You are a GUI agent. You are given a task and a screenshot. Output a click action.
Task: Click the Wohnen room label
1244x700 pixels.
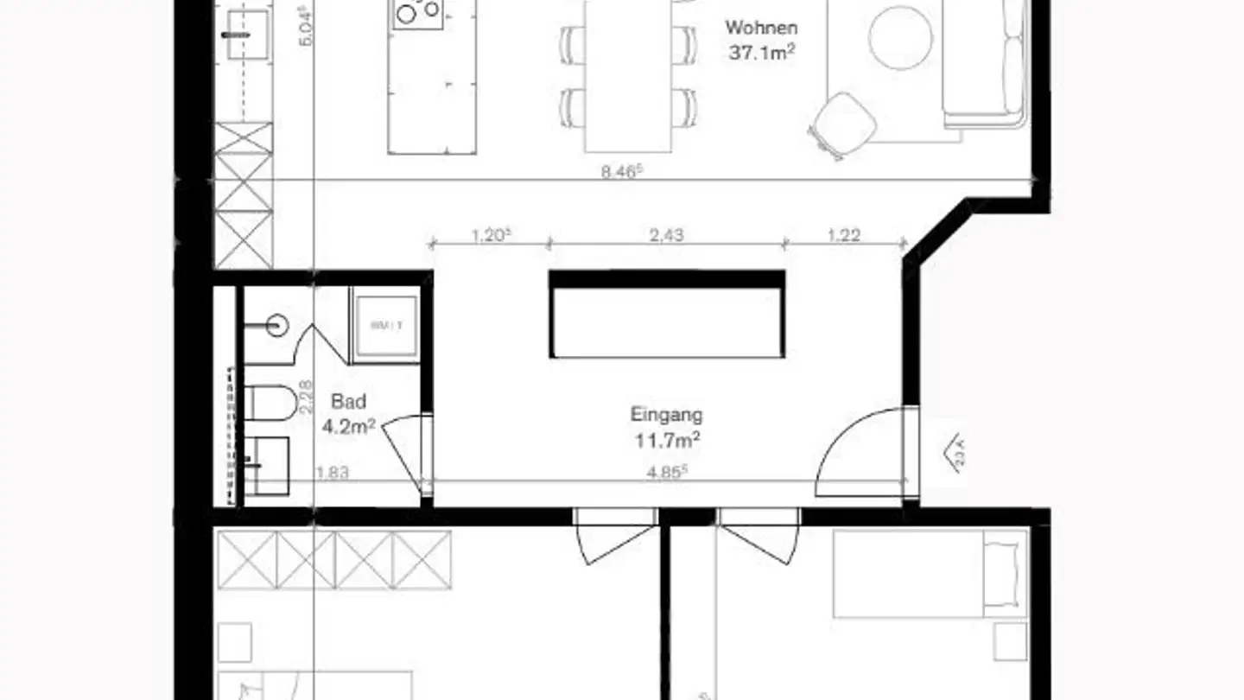coord(761,28)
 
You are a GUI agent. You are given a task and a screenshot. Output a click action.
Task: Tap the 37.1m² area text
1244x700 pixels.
coord(761,53)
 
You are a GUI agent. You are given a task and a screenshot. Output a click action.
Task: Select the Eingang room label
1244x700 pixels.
coord(666,414)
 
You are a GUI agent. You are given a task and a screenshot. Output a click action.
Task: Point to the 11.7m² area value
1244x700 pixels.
coord(666,441)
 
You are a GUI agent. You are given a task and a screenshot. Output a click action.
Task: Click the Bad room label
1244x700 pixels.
coord(348,401)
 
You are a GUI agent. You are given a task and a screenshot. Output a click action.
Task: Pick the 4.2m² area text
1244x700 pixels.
coord(348,425)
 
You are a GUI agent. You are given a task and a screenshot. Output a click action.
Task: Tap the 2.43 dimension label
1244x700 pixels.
coord(665,234)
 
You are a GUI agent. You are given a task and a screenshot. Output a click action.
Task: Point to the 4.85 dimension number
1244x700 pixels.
coord(669,472)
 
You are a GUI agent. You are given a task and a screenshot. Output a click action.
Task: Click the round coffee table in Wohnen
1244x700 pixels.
coord(900,38)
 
